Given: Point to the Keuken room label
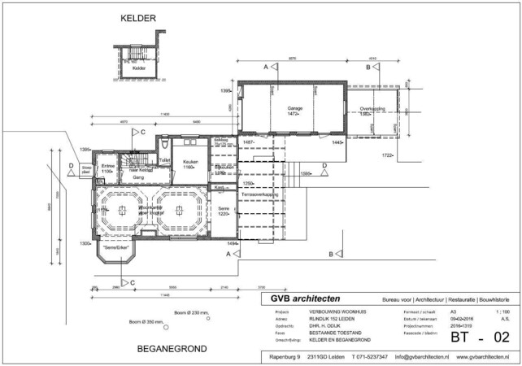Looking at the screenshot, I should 190,162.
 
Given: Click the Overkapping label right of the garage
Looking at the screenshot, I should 371,108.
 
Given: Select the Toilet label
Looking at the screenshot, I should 165,161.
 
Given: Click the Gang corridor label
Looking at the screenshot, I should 127,176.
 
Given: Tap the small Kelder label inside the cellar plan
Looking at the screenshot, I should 138,68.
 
